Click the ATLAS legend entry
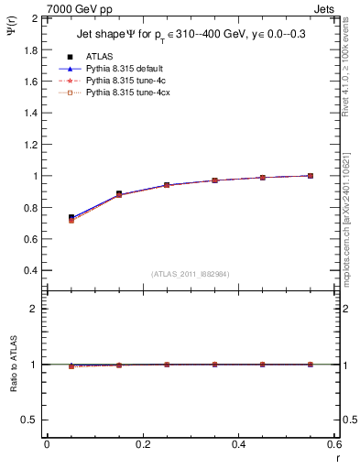(98, 56)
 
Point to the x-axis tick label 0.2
(142, 444)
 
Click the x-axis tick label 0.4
(238, 444)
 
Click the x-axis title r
(337, 458)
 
